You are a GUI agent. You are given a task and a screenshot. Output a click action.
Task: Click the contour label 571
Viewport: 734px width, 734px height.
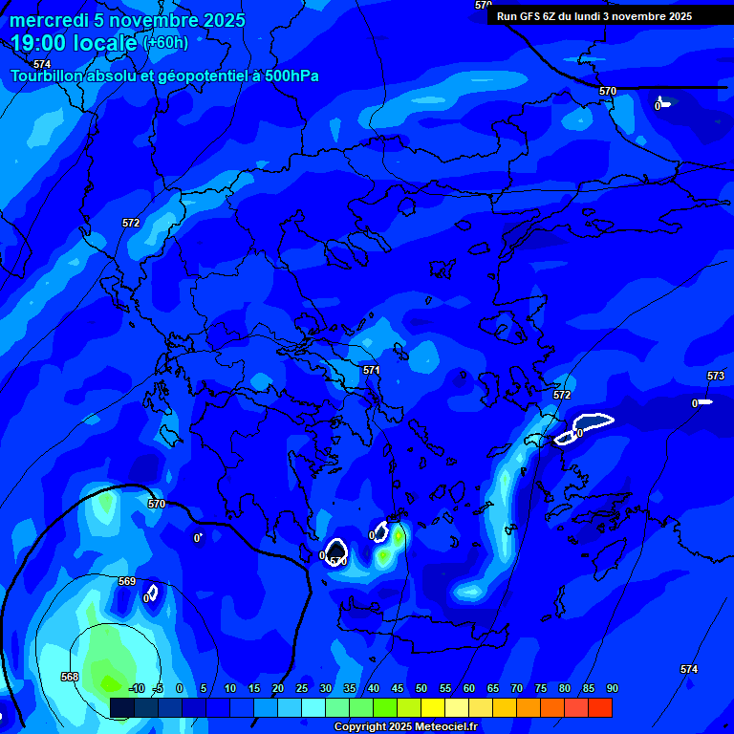coord(372,370)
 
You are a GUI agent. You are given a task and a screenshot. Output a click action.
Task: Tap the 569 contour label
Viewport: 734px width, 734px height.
coord(127,581)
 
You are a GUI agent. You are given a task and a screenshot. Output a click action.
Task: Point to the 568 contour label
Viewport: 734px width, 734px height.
coord(70,677)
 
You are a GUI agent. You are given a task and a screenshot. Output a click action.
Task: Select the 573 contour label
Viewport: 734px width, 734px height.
coord(716,376)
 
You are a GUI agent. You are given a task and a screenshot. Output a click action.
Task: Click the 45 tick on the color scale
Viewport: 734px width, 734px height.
coord(397,689)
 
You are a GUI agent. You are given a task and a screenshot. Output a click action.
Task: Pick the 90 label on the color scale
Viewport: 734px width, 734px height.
coord(612,689)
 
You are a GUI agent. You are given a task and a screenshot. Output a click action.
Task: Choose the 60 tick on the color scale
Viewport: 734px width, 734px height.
coord(468,689)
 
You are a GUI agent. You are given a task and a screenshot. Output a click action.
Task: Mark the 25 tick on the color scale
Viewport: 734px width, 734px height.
coord(301,689)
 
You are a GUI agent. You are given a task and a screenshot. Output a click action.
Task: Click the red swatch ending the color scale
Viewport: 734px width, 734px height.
coord(600,707)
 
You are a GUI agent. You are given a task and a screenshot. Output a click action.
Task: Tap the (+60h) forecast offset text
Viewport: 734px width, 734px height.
coord(165,43)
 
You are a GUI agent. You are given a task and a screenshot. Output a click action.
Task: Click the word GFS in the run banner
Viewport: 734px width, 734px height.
coord(533,16)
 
